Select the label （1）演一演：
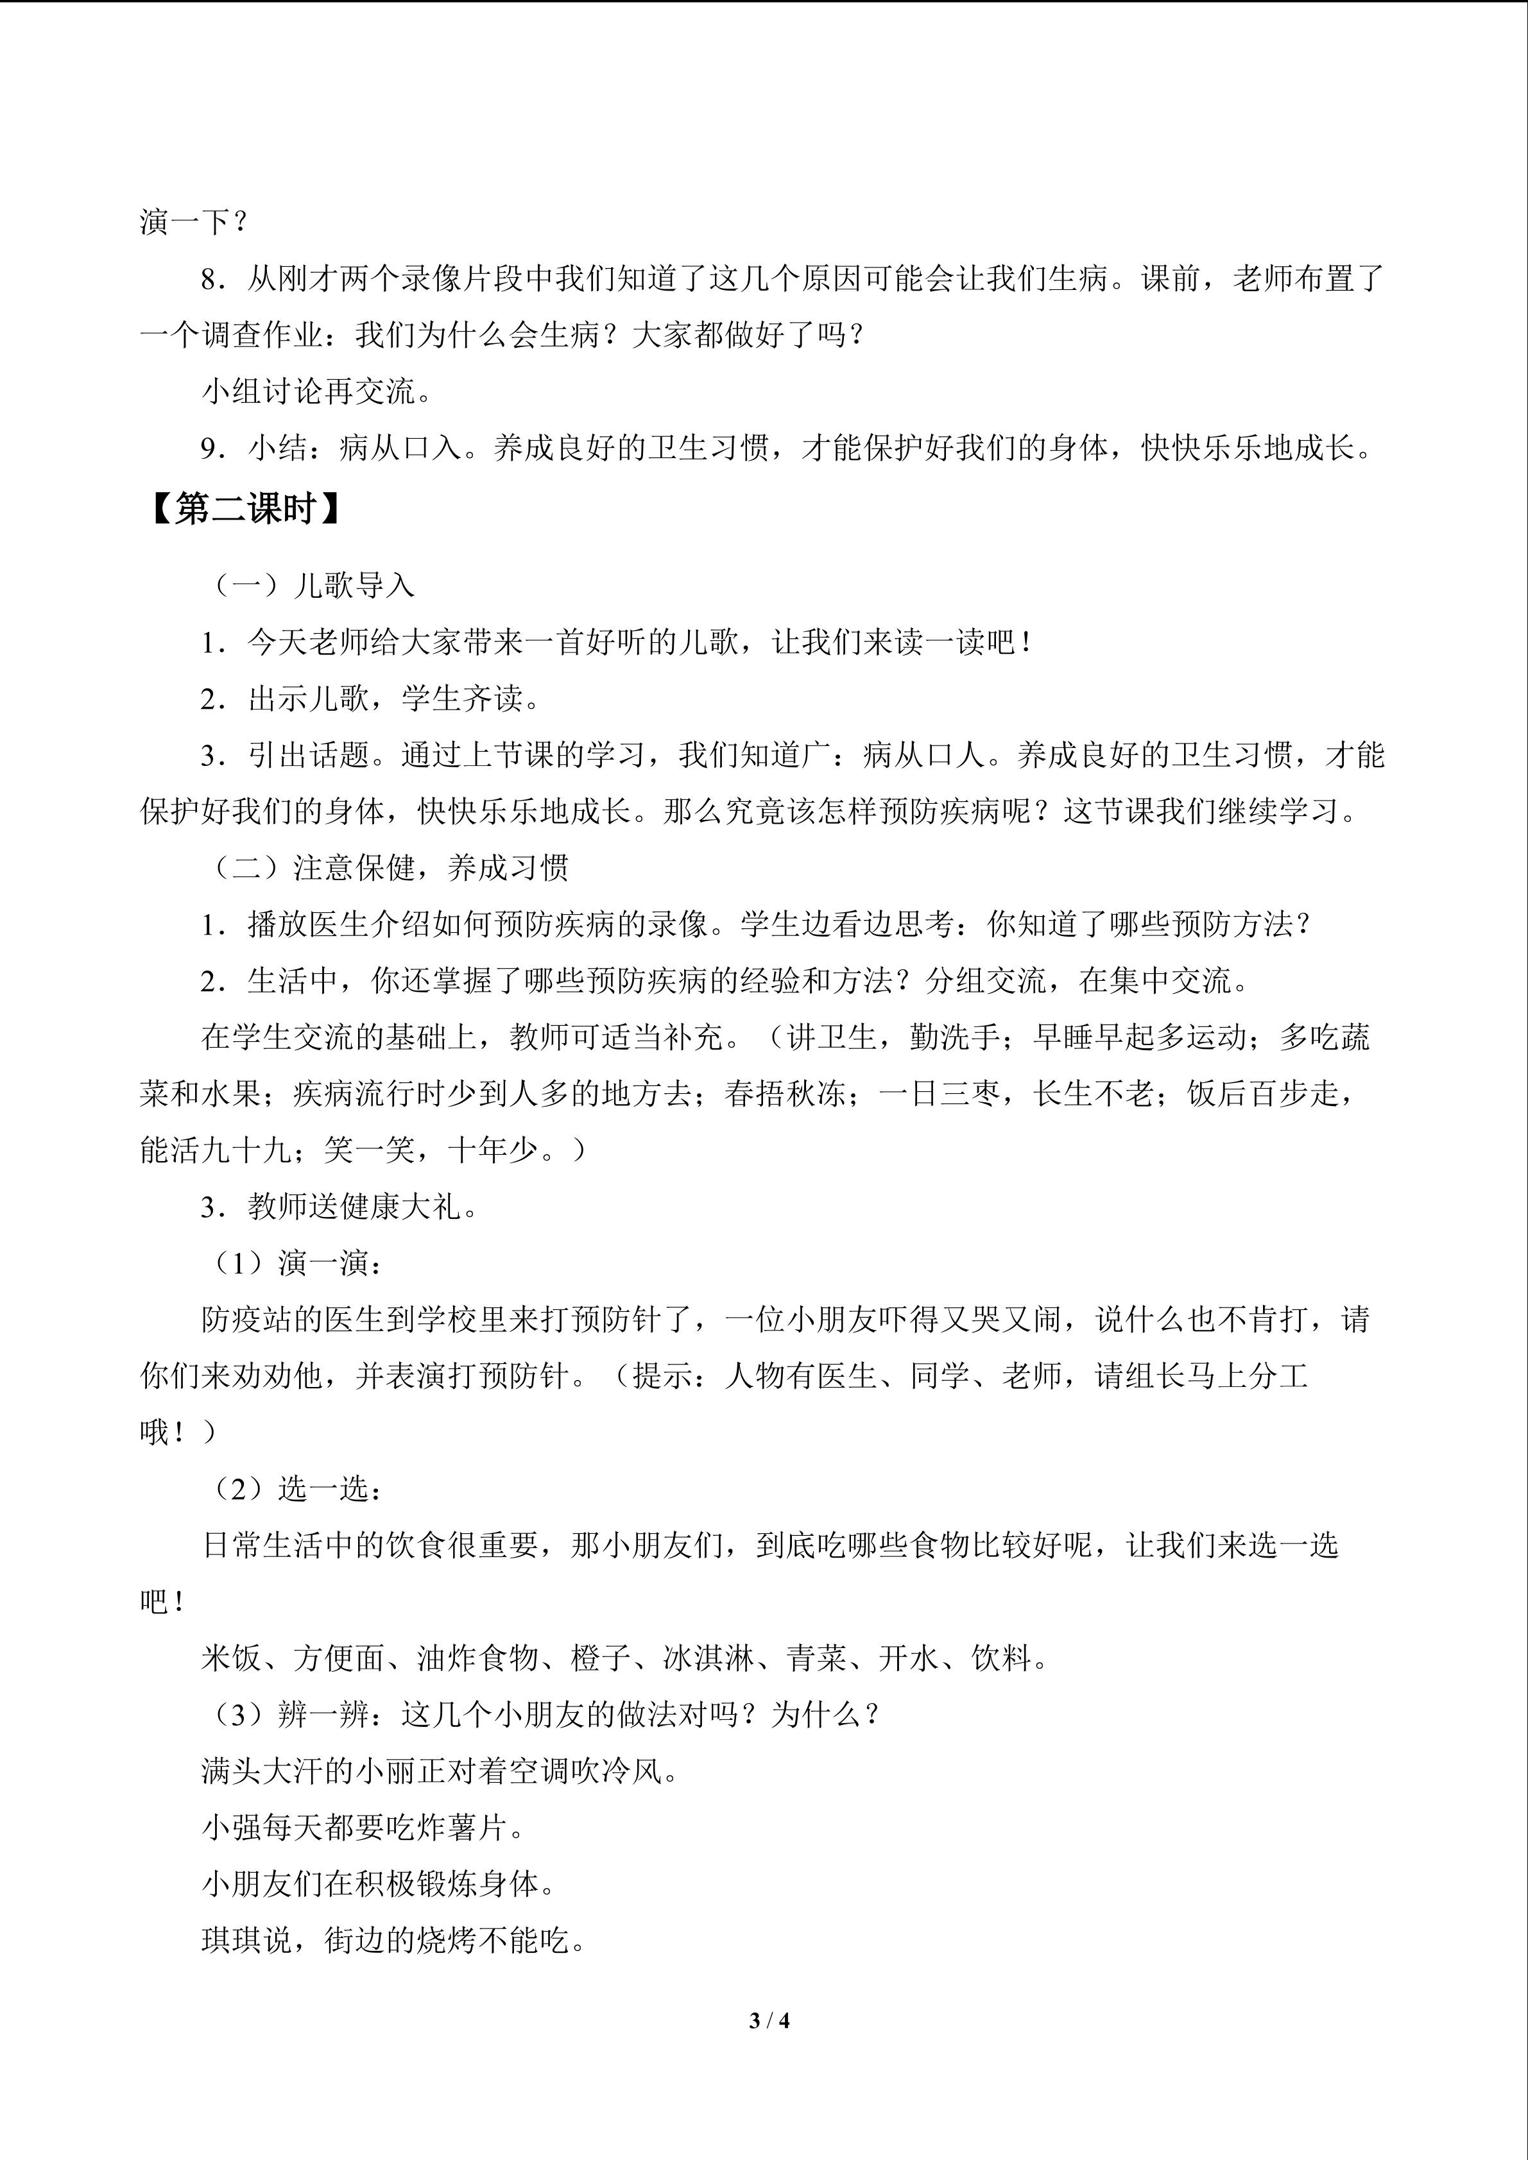coord(293,1263)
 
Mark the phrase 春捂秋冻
coord(785,1093)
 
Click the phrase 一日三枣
coord(939,1093)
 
